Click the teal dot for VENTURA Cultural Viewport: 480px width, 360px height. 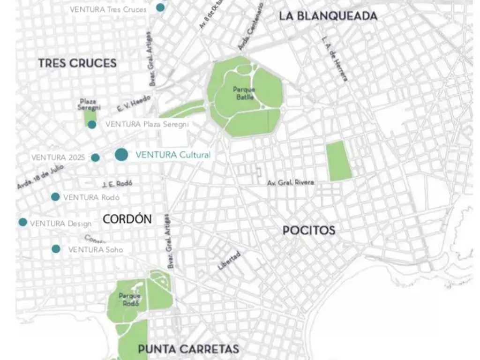(121, 155)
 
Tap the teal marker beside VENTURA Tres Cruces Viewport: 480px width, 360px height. (160, 7)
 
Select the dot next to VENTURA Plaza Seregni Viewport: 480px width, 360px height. (92, 125)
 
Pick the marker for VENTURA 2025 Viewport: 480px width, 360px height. (95, 157)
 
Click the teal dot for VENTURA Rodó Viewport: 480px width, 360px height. (55, 197)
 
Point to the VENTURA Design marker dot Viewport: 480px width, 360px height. (22, 222)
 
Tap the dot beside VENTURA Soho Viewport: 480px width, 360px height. (56, 249)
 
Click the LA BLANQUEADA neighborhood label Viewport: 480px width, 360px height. (328, 16)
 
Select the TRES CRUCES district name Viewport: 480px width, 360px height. (77, 63)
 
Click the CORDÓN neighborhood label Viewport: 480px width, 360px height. (127, 219)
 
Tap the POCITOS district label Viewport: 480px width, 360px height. (309, 230)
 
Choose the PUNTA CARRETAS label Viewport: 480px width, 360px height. (188, 349)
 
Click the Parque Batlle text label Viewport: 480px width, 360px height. (244, 93)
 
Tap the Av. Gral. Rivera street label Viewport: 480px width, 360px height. (291, 182)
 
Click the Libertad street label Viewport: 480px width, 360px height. (230, 261)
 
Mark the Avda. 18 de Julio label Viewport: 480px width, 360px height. (40, 179)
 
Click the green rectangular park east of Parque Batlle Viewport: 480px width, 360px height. (339, 161)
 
